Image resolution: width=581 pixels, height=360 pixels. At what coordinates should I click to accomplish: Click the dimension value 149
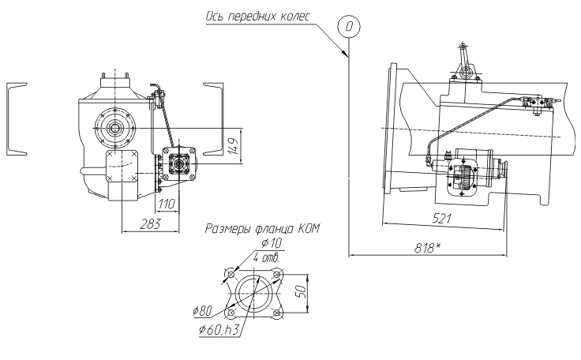[x=233, y=146]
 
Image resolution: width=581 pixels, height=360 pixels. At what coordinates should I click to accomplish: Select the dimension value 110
[x=167, y=204]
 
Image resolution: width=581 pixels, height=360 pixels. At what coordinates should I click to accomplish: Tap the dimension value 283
[x=151, y=224]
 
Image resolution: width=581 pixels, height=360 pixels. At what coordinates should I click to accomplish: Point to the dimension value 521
[x=442, y=219]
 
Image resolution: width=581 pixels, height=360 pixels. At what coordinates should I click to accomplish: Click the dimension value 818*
[x=427, y=248]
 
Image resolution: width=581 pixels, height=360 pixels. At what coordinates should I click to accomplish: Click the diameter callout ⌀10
[x=272, y=244]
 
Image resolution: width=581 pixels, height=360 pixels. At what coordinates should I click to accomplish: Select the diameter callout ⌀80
[x=203, y=312]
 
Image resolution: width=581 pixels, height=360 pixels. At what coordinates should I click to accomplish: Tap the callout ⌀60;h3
[x=219, y=329]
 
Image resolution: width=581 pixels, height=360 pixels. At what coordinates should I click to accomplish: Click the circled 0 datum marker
[x=349, y=26]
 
